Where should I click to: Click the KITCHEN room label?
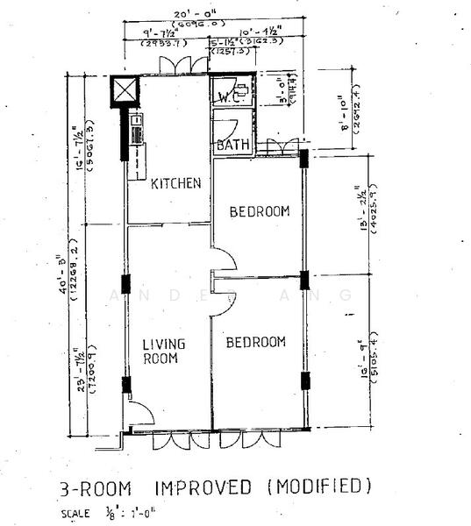coord(176,183)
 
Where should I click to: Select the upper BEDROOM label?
coord(260,211)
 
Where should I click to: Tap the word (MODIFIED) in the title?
coord(317,485)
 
